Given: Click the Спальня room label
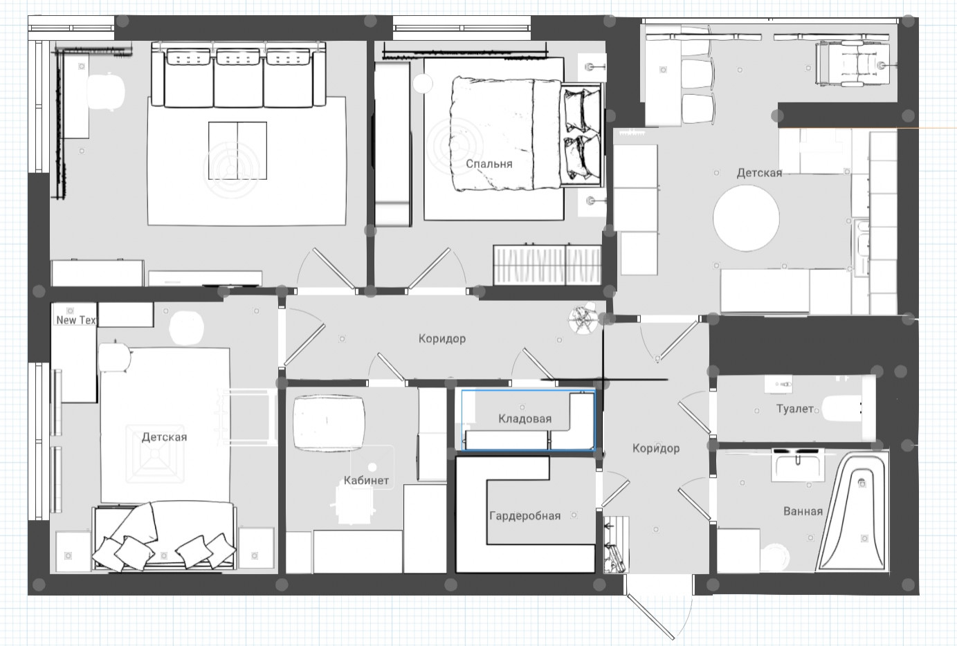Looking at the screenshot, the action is click(x=489, y=164).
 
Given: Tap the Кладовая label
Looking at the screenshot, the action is click(x=525, y=419).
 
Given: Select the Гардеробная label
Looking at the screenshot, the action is click(x=525, y=516).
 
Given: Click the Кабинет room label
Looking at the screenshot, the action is click(x=366, y=480).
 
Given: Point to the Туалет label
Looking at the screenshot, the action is click(x=794, y=409).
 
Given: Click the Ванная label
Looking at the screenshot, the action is click(x=803, y=511).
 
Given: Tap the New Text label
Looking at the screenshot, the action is click(x=76, y=320).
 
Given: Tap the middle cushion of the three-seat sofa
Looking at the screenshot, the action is click(x=238, y=77).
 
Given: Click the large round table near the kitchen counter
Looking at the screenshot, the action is click(x=746, y=218).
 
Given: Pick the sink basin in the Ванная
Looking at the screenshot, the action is click(x=797, y=465).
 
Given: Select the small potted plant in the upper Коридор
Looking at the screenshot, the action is click(x=583, y=318).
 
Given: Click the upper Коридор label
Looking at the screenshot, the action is click(x=441, y=339).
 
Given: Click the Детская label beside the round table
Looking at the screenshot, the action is click(x=759, y=173).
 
